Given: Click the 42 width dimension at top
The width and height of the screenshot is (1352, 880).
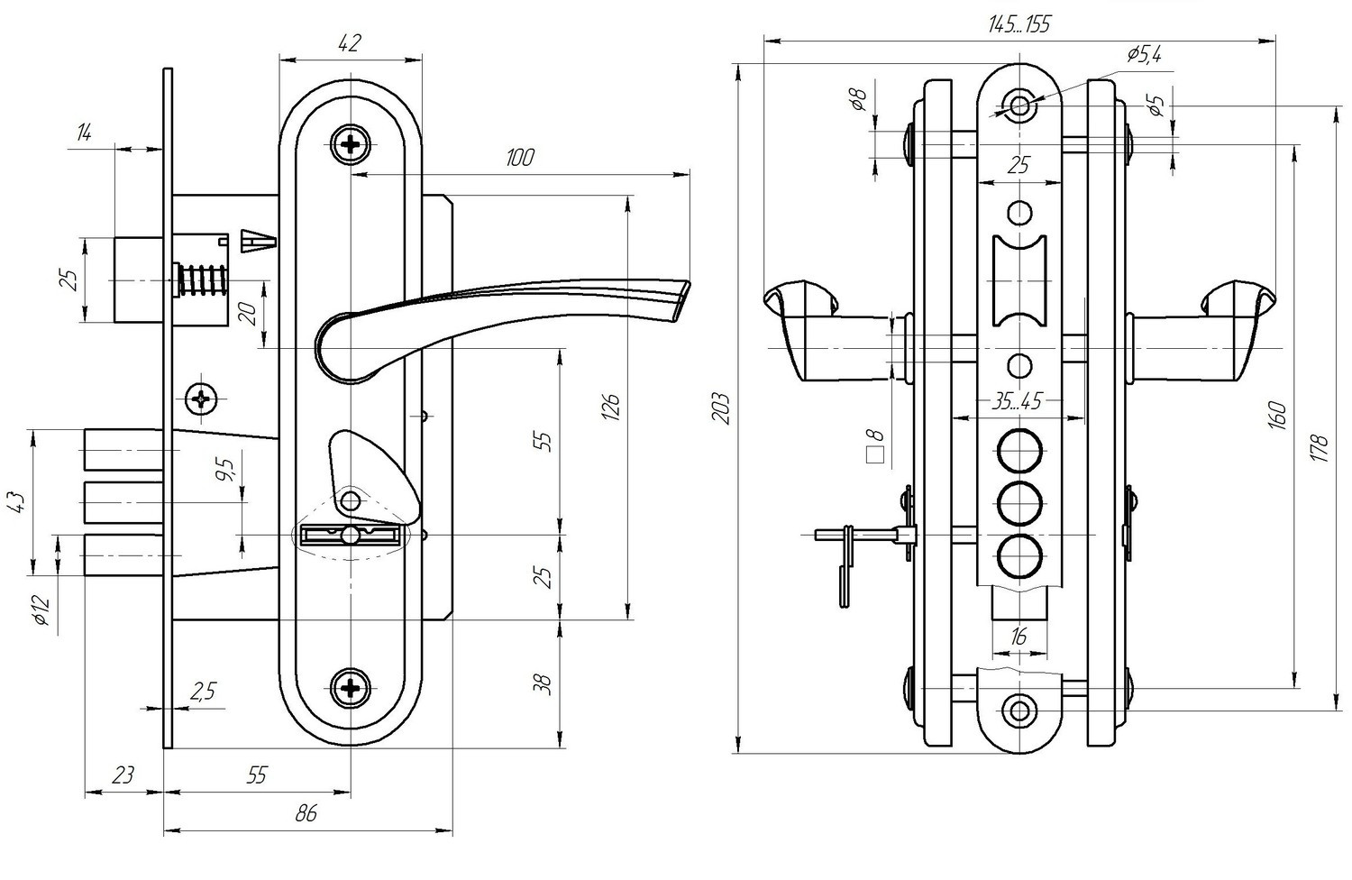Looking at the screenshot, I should click(350, 42).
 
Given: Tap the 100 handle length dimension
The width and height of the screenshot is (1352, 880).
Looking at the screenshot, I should click(520, 158).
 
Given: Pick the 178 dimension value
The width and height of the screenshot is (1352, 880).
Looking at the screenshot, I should click(1321, 448).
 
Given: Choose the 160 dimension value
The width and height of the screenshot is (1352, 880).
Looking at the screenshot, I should click(1279, 416).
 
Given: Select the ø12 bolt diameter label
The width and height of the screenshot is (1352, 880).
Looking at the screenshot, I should click(40, 610).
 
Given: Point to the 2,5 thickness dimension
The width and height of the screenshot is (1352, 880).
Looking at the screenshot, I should click(203, 691).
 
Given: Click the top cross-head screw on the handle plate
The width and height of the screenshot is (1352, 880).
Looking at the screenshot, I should click(351, 143).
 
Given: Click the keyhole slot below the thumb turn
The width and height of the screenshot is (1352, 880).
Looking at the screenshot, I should click(351, 536).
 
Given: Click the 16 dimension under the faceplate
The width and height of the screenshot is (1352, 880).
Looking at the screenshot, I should click(1019, 637).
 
